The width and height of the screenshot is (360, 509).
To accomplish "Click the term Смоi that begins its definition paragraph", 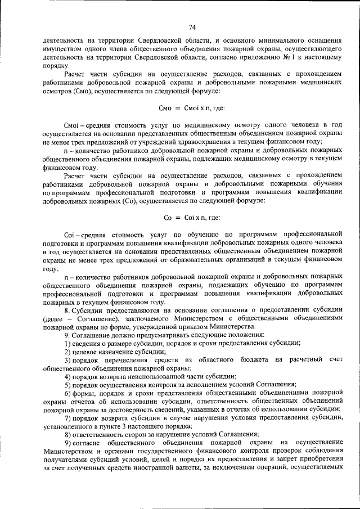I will [x=74, y=123].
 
